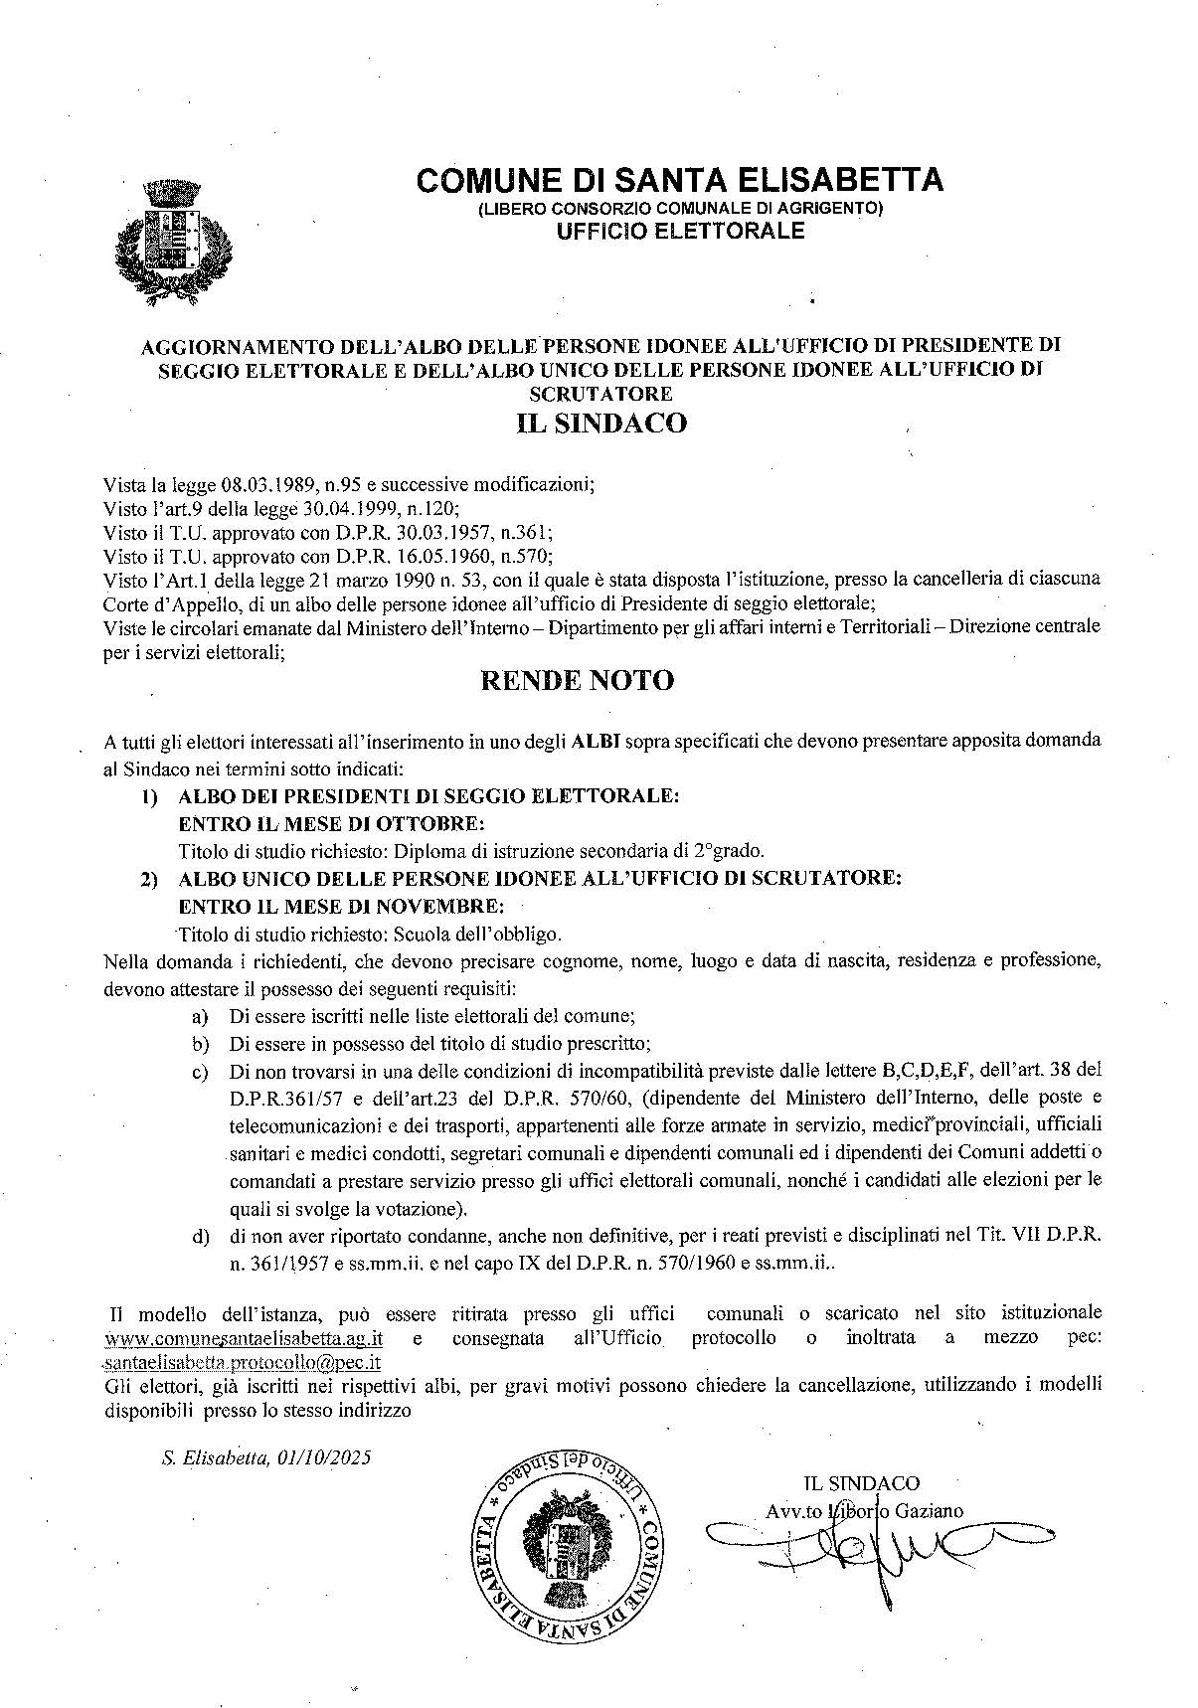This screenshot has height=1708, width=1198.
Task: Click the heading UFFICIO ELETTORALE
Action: (x=679, y=232)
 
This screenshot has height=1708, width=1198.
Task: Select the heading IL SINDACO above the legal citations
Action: (x=601, y=423)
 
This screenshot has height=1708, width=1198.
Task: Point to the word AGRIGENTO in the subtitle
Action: (x=830, y=209)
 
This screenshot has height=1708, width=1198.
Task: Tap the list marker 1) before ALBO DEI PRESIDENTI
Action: (x=149, y=796)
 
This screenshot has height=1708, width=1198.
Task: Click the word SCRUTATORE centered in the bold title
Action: (x=599, y=394)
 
